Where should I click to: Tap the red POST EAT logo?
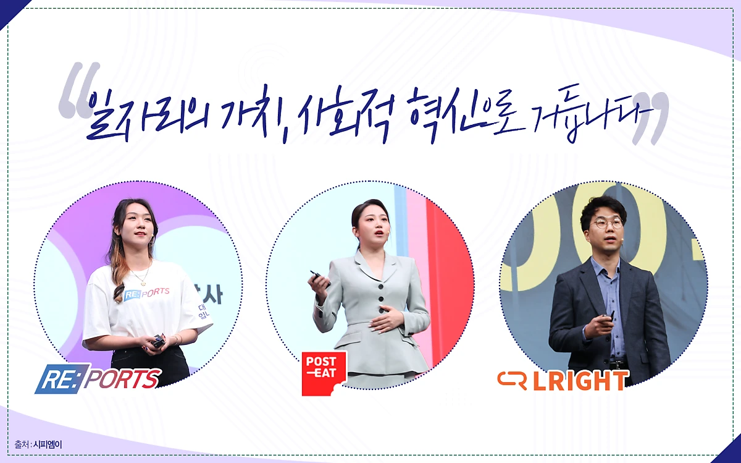(x=323, y=373)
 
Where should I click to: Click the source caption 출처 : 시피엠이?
(x=38, y=444)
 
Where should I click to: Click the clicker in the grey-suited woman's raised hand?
(x=316, y=274)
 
